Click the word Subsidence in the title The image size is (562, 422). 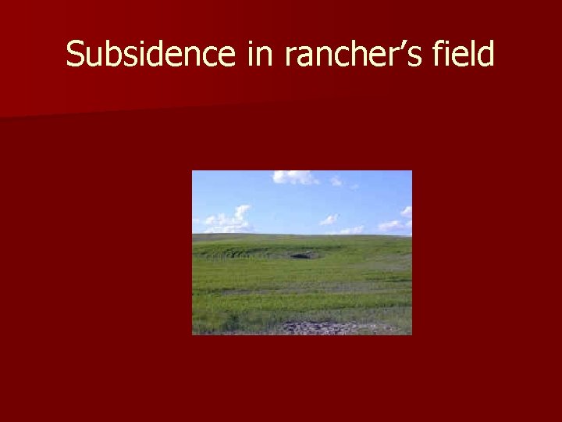(151, 55)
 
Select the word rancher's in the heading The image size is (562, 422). (352, 55)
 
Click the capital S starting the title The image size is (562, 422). (75, 55)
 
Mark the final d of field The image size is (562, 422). (486, 55)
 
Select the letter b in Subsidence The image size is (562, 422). (110, 55)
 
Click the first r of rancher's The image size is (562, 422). (291, 57)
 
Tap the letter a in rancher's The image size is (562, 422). (306, 57)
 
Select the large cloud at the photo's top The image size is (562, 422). (293, 177)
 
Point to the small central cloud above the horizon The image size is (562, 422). (329, 220)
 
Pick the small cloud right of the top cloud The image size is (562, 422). (336, 181)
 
